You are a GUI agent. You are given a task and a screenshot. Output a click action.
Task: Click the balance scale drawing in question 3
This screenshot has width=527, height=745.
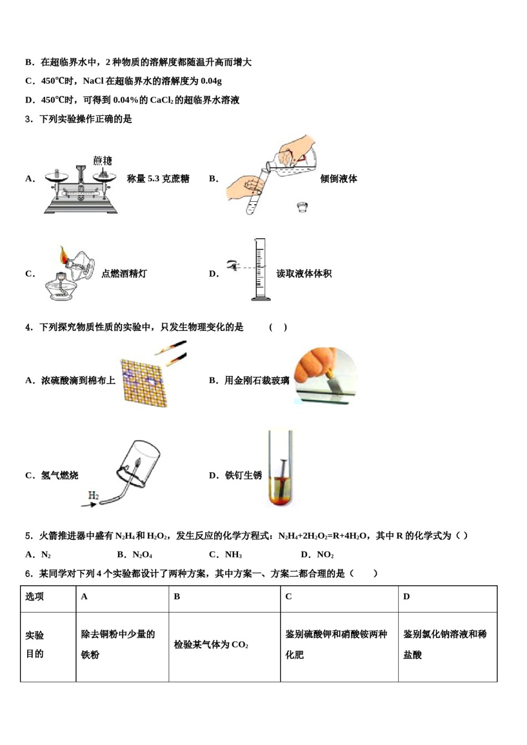(x=81, y=188)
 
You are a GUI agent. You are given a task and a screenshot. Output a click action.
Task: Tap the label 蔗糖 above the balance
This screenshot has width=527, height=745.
(x=103, y=161)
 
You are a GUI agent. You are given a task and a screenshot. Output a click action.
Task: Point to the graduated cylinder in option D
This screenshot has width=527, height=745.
(x=260, y=270)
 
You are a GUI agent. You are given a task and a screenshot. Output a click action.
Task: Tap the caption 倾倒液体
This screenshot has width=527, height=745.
(x=338, y=178)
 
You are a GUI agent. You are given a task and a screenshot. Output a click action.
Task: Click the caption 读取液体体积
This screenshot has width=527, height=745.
(x=304, y=273)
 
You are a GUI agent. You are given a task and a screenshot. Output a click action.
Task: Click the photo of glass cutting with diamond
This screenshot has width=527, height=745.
(x=325, y=375)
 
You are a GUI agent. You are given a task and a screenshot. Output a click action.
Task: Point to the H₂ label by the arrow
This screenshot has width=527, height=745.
(x=93, y=495)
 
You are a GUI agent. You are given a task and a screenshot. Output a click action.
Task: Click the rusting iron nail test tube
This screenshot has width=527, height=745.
(x=280, y=468)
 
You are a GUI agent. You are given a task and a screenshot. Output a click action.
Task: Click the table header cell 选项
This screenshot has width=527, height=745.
(x=34, y=596)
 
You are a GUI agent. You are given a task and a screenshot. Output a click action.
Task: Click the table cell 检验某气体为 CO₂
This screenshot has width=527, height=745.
(x=211, y=645)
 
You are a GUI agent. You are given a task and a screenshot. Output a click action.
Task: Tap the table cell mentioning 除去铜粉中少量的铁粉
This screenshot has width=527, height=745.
(x=118, y=645)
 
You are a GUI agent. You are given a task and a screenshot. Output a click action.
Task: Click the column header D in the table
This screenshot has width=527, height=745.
(x=407, y=596)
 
